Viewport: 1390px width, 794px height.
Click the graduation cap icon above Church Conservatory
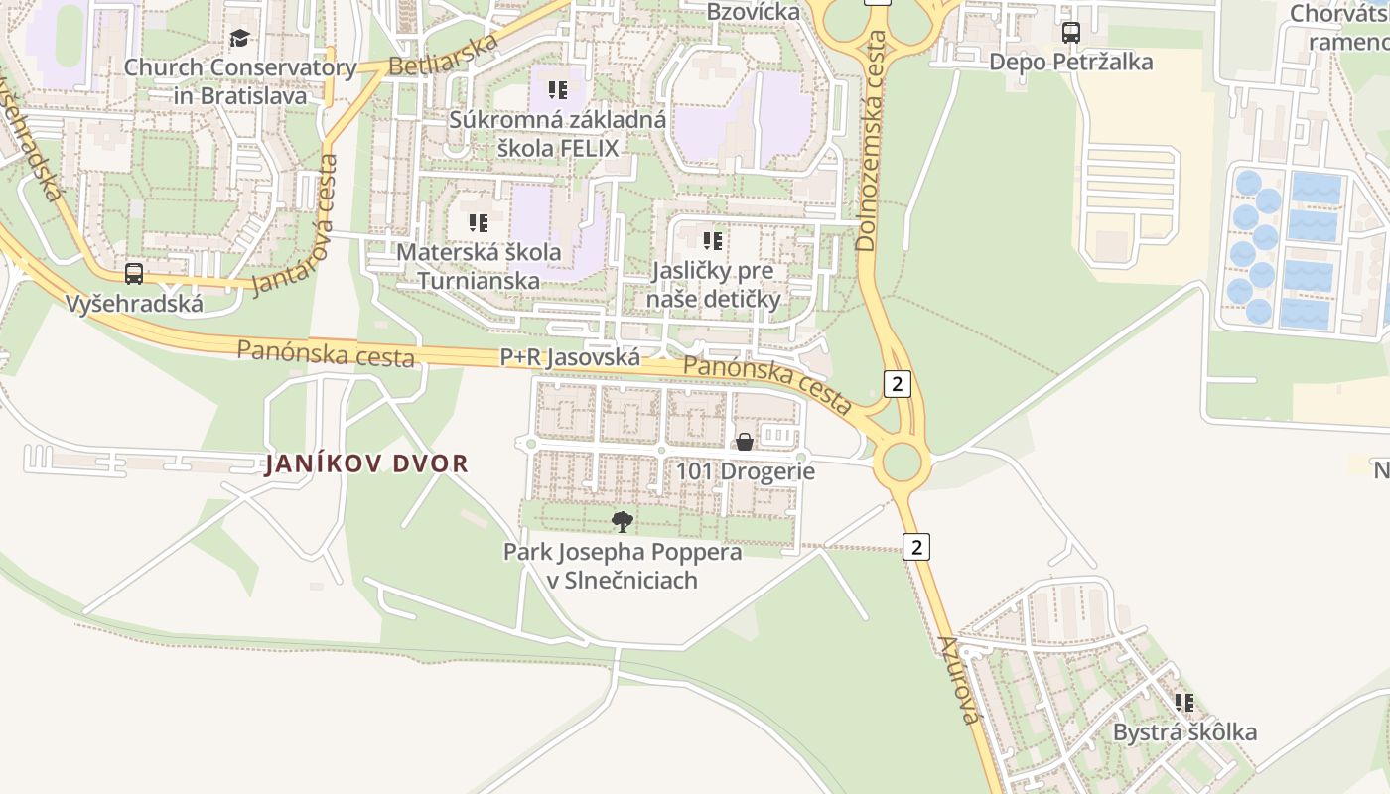239,39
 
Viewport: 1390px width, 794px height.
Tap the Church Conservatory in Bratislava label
239,81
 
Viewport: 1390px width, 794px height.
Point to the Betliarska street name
443,56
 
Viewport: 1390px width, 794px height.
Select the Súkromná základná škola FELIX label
557,134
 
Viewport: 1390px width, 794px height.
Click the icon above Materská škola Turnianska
479,223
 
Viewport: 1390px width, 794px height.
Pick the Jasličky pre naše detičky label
713,285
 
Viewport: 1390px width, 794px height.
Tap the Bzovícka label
753,12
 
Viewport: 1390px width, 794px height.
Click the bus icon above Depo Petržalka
1070,33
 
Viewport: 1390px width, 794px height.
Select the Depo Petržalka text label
1070,62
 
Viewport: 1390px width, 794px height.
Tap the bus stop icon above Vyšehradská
134,274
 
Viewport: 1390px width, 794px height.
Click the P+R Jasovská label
569,356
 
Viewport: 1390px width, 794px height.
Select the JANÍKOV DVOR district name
365,463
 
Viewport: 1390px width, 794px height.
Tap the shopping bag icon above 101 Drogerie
744,442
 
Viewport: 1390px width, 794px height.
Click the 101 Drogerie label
746,471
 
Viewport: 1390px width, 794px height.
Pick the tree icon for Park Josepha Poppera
623,521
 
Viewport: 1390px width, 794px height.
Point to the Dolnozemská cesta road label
871,140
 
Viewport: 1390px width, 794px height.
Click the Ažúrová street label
958,679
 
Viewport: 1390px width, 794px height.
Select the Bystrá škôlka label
1183,732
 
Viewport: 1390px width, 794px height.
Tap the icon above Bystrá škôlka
1183,703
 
